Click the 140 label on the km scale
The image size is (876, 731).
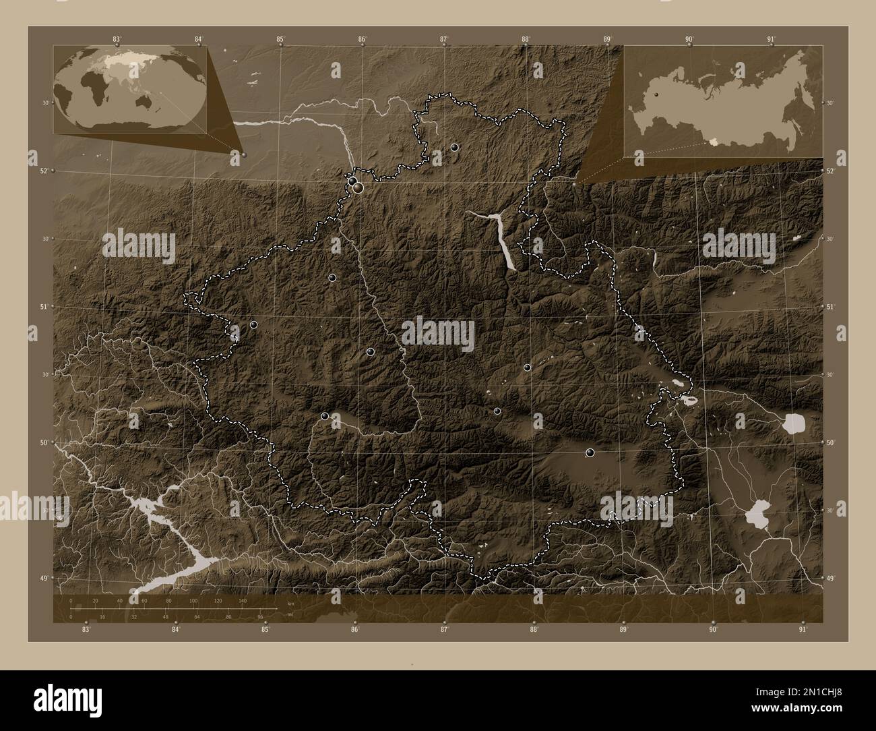pos(242,600)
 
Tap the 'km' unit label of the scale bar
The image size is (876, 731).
pos(290,602)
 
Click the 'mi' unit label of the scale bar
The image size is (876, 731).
pos(290,614)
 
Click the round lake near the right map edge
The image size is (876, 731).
pos(795,424)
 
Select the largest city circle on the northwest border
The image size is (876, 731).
pos(358,187)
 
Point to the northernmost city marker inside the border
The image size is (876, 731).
pos(455,147)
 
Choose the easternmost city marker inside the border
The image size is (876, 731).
pos(590,452)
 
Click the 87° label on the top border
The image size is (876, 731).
pos(443,40)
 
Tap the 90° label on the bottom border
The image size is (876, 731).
pos(713,630)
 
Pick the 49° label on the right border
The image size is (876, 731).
pos(830,579)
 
